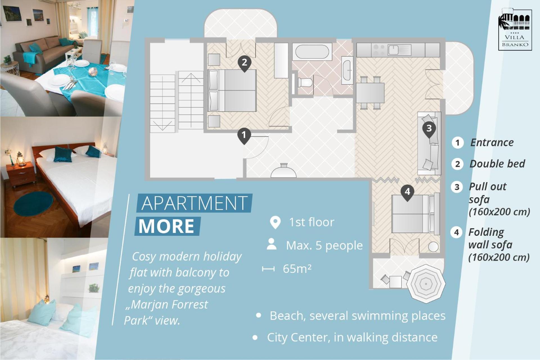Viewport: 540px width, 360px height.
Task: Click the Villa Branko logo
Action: pyautogui.click(x=515, y=30)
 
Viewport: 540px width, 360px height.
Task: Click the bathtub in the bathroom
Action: pyautogui.click(x=312, y=52)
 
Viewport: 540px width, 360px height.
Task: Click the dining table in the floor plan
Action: pyautogui.click(x=370, y=93)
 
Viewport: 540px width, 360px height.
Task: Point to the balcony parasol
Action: pyautogui.click(x=426, y=284)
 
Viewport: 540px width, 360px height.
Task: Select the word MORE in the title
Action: pyautogui.click(x=166, y=226)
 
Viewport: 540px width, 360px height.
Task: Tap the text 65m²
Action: pyautogui.click(x=297, y=269)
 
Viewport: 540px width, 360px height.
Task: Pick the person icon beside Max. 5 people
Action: pyautogui.click(x=272, y=244)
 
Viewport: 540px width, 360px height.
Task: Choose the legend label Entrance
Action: pyautogui.click(x=492, y=142)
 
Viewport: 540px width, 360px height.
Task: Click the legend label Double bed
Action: pyautogui.click(x=497, y=164)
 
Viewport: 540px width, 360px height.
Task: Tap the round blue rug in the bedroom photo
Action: pyautogui.click(x=33, y=204)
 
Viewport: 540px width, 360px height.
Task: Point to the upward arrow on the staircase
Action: pyautogui.click(x=191, y=78)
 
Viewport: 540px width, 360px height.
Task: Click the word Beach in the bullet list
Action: pyautogui.click(x=287, y=316)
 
